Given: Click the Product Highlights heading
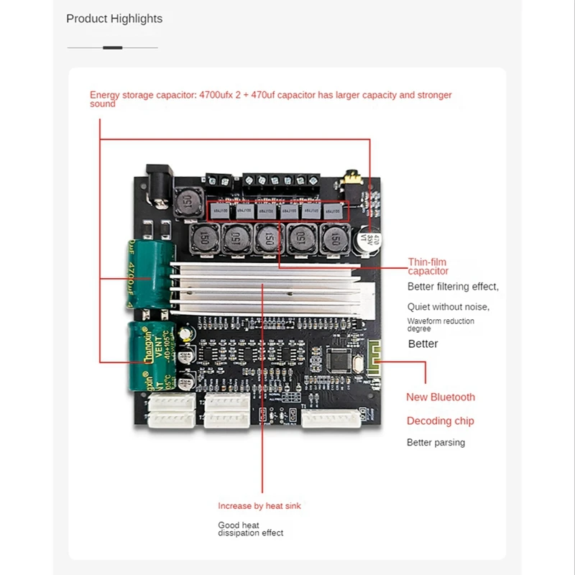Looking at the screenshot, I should tap(114, 19).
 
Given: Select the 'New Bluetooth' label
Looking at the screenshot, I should tap(441, 397).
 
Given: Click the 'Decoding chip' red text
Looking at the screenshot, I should tap(441, 420).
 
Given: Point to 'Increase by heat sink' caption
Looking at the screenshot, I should tap(259, 506).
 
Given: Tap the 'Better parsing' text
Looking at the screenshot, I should tap(436, 442).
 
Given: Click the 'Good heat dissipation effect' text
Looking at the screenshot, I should tap(251, 529).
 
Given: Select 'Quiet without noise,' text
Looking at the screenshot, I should tap(448, 306).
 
